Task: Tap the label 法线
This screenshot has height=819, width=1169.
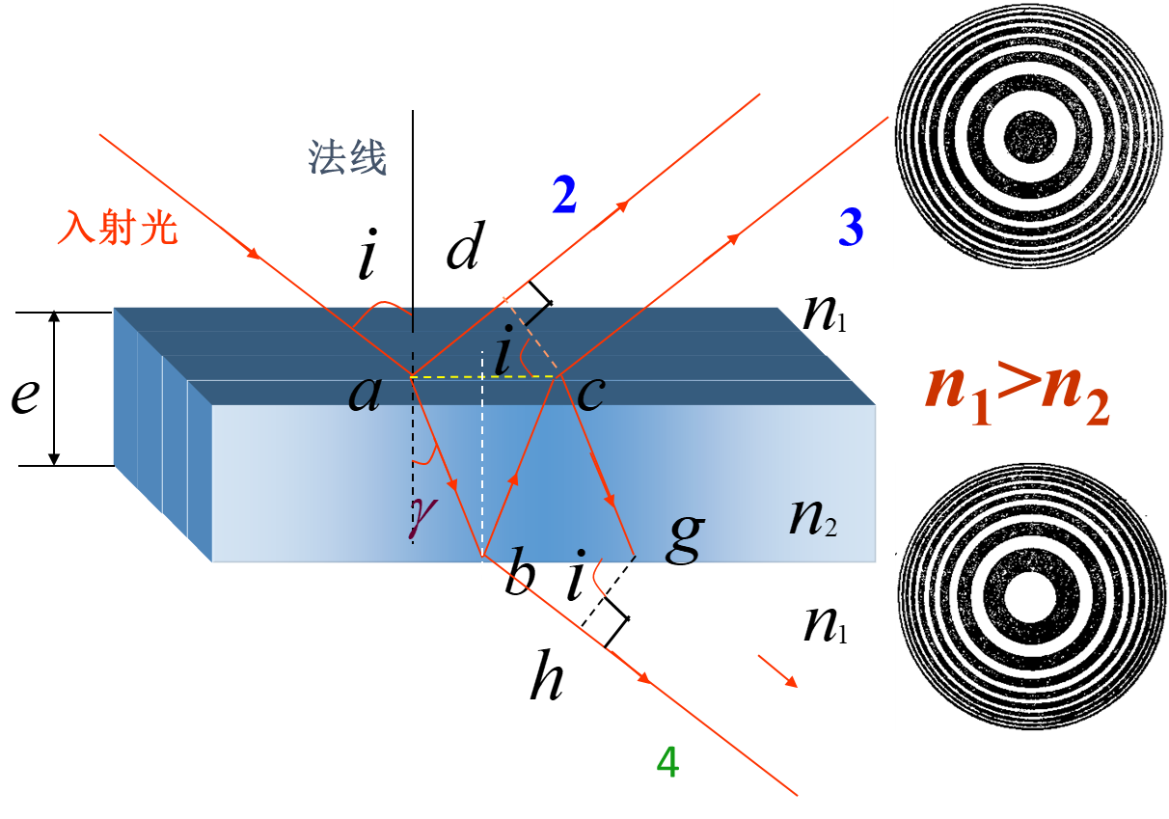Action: pyautogui.click(x=347, y=157)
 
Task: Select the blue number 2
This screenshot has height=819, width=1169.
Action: pyautogui.click(x=564, y=196)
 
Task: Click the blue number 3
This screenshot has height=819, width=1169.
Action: pyautogui.click(x=851, y=228)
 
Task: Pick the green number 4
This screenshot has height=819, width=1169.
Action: pyautogui.click(x=667, y=763)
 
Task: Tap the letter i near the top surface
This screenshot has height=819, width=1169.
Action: pyautogui.click(x=502, y=355)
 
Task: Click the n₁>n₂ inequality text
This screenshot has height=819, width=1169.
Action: pyautogui.click(x=1018, y=390)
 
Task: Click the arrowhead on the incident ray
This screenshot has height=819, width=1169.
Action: pyautogui.click(x=255, y=255)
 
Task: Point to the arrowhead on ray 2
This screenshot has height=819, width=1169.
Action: pyautogui.click(x=628, y=205)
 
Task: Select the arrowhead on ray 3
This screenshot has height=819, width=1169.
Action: pyautogui.click(x=738, y=237)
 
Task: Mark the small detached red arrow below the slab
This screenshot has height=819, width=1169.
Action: pyautogui.click(x=779, y=671)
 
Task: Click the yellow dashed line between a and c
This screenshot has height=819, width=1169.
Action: pyautogui.click(x=482, y=376)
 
